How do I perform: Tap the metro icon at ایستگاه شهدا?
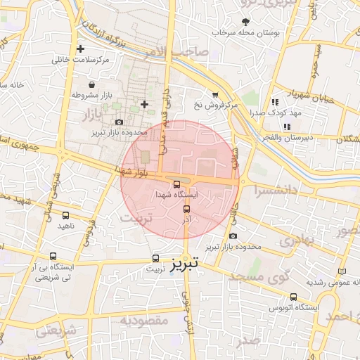[176, 184]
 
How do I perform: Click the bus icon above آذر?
[186, 210]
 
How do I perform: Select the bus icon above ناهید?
[65, 216]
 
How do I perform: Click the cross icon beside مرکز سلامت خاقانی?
[81, 49]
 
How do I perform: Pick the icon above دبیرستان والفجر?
[286, 127]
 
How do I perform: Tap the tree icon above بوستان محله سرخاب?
[245, 22]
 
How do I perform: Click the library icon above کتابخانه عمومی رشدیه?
[342, 271]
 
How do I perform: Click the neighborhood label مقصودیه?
[140, 321]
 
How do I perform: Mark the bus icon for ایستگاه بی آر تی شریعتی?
[55, 257]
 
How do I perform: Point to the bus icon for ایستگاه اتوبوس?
[292, 297]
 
